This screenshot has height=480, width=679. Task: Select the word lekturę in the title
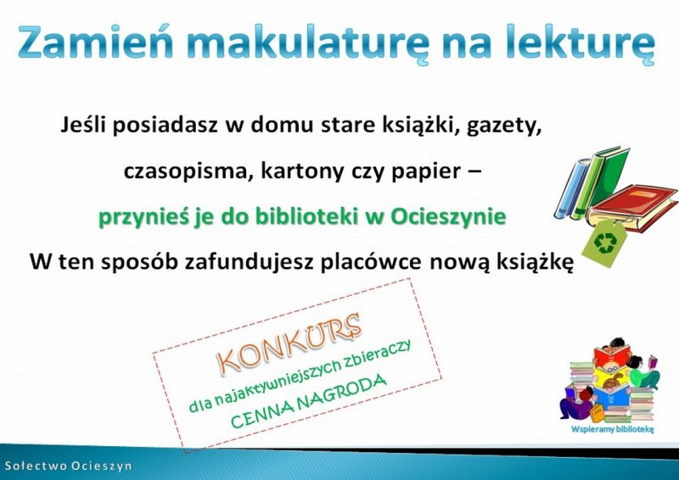pyautogui.click(x=581, y=44)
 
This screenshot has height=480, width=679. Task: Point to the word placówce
pyautogui.click(x=370, y=262)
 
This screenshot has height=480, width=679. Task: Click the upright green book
pyautogui.click(x=601, y=181)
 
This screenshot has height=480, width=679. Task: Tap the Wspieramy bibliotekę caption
pyautogui.click(x=612, y=429)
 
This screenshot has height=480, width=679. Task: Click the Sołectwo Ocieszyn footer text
pyautogui.click(x=68, y=466)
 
